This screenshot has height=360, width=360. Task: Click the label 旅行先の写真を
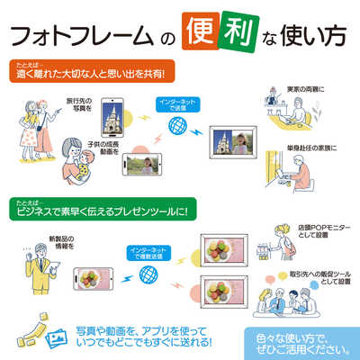[x=78, y=107]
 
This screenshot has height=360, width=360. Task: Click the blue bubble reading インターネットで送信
[x=172, y=103]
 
